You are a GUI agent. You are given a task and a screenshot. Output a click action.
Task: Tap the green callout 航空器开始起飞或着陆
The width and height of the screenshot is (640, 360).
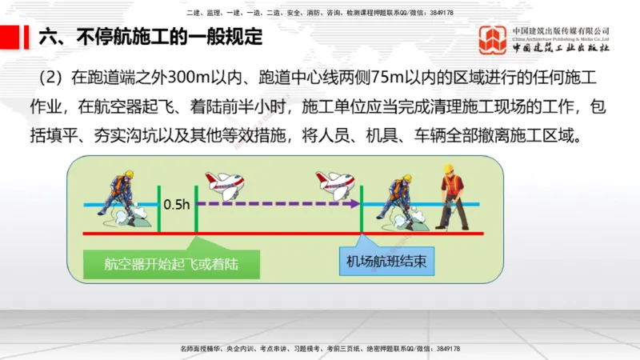[171, 262]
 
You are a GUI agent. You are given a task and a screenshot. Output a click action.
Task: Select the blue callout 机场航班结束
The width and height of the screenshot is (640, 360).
[385, 262]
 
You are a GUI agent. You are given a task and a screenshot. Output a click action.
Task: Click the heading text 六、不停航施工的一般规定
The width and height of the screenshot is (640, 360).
[150, 38]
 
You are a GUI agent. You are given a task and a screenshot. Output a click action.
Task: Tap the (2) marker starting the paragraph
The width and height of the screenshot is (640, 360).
[54, 78]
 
